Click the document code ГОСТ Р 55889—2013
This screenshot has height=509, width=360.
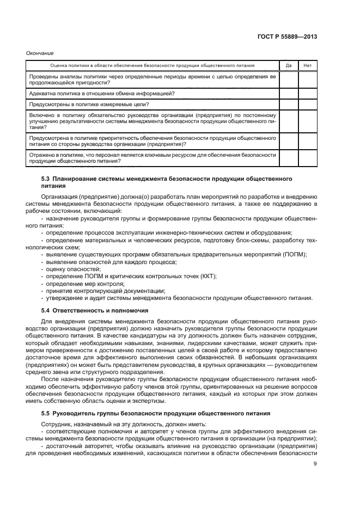(289, 37)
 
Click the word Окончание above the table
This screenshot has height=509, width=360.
(40, 53)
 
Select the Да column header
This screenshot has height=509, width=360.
(289, 65)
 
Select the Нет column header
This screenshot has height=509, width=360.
(307, 65)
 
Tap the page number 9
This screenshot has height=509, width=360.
(315, 464)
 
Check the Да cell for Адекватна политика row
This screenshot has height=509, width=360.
(289, 93)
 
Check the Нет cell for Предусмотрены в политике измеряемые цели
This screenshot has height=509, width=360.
(307, 104)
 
